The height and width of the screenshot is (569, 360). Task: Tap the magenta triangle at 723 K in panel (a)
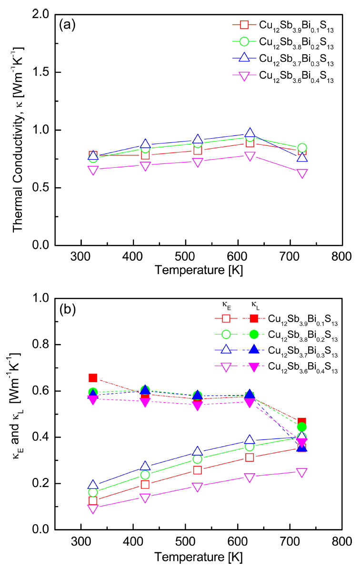point(302,173)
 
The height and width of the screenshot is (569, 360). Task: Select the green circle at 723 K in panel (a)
point(302,148)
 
